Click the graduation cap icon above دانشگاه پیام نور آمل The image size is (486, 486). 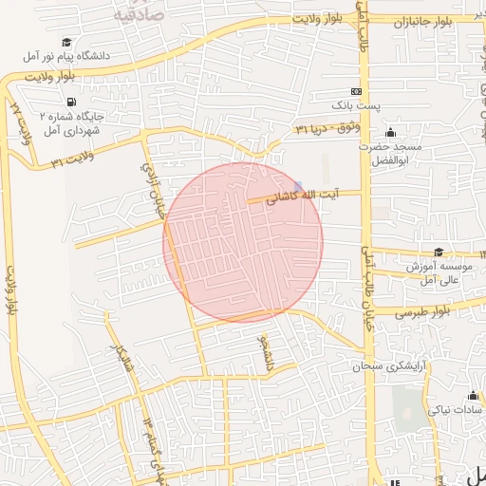(x=67, y=43)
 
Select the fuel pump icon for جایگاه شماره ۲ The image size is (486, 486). (x=71, y=102)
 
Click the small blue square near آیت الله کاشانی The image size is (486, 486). (x=298, y=185)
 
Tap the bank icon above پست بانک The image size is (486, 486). (x=356, y=90)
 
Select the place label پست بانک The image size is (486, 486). (x=356, y=104)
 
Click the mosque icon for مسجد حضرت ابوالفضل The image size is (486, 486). (x=390, y=132)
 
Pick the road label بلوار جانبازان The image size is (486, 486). (x=419, y=21)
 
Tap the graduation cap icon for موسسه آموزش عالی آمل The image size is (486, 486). (x=439, y=252)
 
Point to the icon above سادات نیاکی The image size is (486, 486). (x=473, y=395)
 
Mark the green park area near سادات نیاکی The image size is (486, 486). (x=408, y=404)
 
